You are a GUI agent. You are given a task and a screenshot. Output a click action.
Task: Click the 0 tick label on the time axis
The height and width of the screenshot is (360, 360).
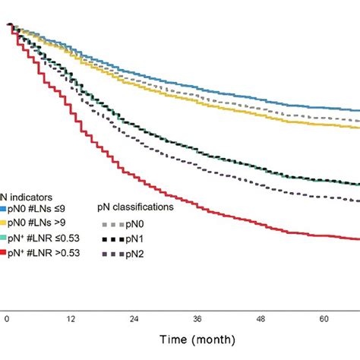pos(8,319)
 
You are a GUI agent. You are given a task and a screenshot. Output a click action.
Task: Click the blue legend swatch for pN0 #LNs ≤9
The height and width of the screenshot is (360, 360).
pos(3,207)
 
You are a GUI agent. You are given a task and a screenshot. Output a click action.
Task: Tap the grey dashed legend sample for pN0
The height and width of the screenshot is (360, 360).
pos(112,224)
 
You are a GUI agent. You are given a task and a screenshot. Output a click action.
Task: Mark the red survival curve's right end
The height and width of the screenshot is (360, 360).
pos(358,239)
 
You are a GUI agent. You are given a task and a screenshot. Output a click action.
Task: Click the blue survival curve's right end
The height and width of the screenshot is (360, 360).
pos(358,111)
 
